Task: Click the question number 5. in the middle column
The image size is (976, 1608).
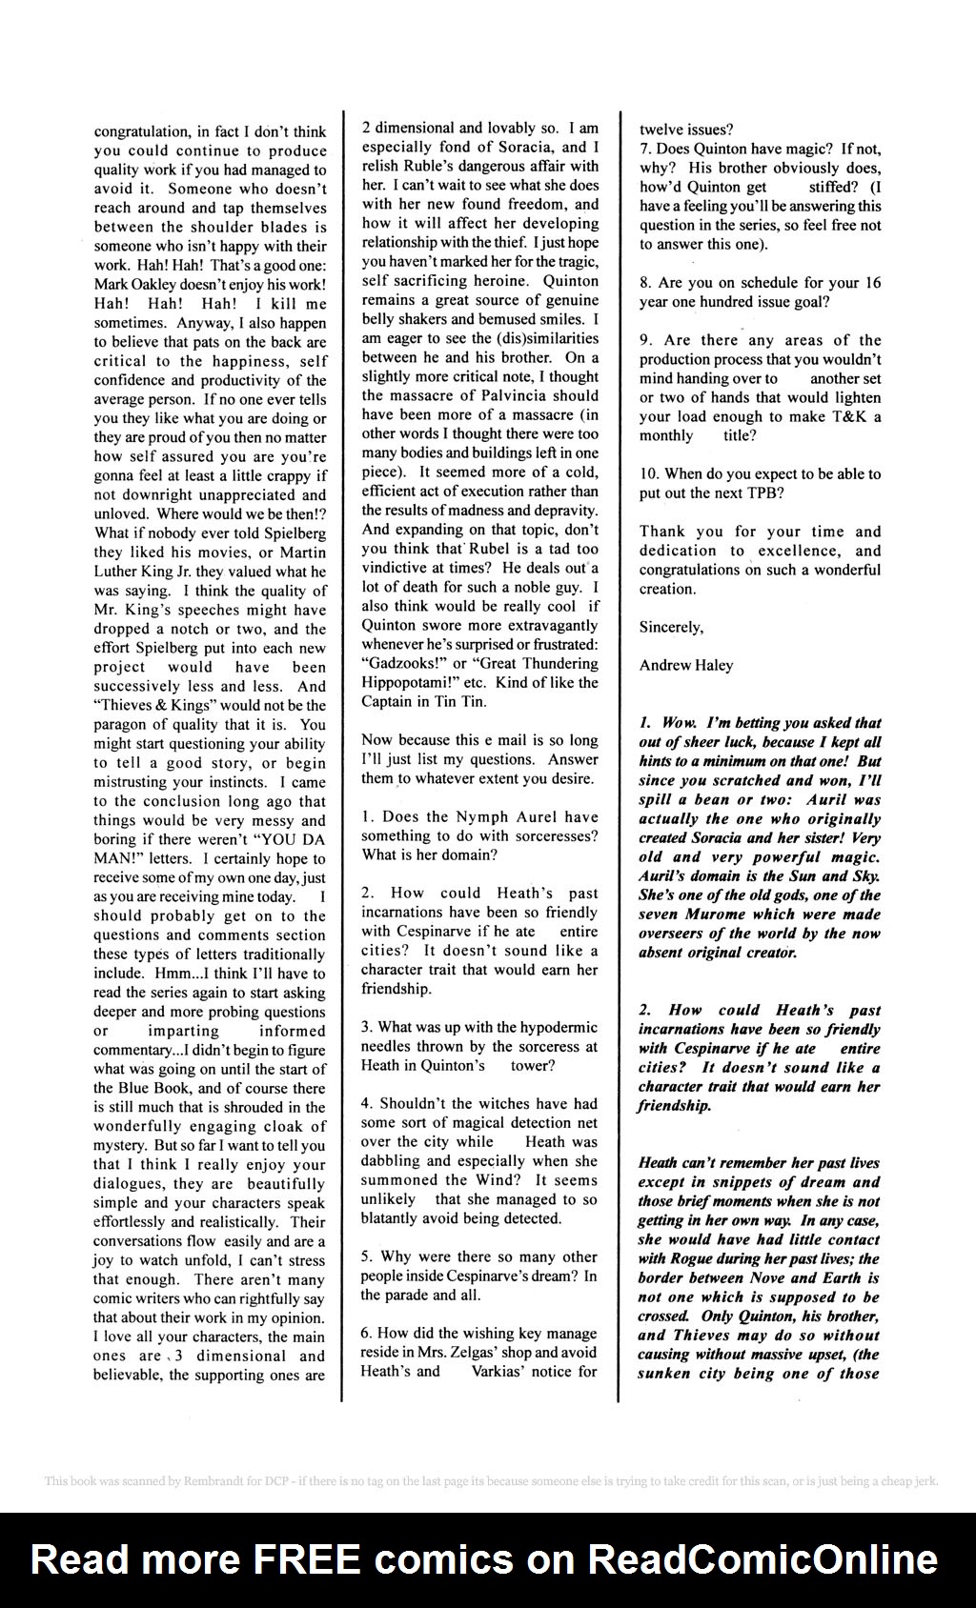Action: (367, 1256)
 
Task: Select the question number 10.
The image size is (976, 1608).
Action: (650, 473)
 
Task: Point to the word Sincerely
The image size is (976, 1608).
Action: (671, 627)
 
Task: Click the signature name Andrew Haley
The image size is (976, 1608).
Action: (686, 665)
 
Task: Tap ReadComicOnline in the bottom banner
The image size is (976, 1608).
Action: (762, 1558)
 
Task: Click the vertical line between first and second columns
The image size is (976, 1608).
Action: (343, 762)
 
